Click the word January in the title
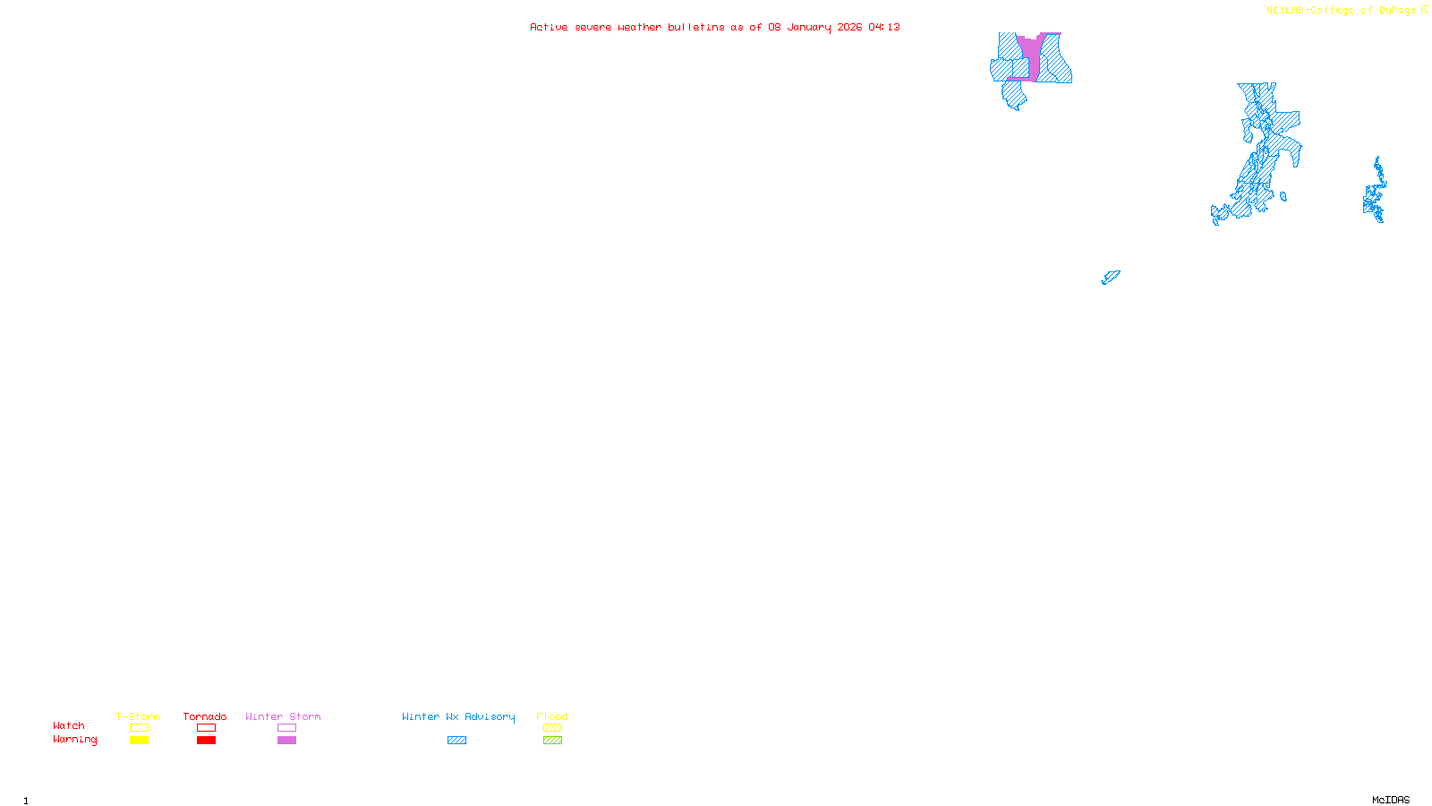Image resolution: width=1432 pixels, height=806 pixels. [x=810, y=27]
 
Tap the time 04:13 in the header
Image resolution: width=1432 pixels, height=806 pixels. [x=884, y=27]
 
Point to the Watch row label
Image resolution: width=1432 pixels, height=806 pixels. [x=69, y=725]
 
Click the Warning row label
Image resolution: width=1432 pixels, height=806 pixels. [x=74, y=740]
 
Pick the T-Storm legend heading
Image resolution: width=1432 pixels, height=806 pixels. [x=138, y=716]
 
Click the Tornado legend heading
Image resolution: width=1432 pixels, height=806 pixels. [x=205, y=716]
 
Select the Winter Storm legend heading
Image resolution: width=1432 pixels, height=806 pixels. [x=283, y=716]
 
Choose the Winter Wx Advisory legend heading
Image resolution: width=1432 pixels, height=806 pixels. [x=458, y=716]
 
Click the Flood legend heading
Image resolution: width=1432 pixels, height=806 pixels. [x=552, y=716]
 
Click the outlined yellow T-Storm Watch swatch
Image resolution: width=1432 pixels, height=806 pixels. [x=139, y=728]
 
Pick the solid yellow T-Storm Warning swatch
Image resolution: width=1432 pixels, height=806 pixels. [x=139, y=741]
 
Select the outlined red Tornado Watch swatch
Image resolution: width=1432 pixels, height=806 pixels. [x=206, y=728]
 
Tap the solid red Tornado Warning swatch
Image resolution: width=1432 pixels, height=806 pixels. [x=206, y=741]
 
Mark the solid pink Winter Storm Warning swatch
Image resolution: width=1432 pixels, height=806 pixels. [x=286, y=741]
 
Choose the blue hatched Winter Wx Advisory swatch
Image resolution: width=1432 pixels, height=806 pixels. [x=456, y=741]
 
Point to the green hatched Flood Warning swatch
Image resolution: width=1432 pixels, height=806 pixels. [x=552, y=741]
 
